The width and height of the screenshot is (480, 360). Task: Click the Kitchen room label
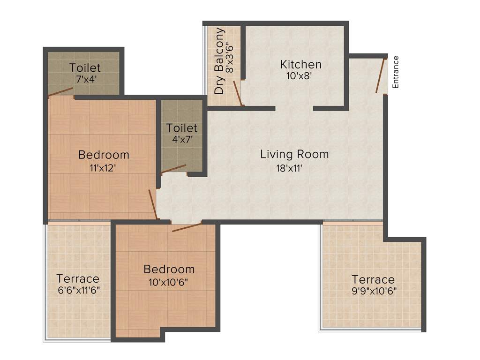(300, 64)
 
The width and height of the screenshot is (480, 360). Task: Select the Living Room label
(294, 154)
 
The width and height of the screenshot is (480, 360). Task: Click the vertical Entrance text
(396, 72)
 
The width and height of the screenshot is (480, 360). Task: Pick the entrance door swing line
(380, 75)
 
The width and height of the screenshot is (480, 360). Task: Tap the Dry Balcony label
(219, 61)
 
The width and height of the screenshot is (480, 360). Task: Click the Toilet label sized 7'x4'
(85, 68)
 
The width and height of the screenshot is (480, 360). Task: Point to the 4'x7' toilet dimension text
(181, 139)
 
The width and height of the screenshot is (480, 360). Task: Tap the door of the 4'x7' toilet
(173, 169)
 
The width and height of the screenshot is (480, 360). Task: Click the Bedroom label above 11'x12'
(104, 154)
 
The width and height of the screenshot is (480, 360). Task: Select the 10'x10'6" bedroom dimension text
(168, 283)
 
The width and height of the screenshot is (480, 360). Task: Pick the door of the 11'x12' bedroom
(153, 204)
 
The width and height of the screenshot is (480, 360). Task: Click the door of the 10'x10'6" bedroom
(187, 227)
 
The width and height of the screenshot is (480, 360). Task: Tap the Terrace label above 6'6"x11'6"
(78, 278)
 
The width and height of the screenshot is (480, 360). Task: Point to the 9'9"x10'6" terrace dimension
(374, 291)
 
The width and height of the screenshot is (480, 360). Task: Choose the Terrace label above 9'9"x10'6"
(373, 280)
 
